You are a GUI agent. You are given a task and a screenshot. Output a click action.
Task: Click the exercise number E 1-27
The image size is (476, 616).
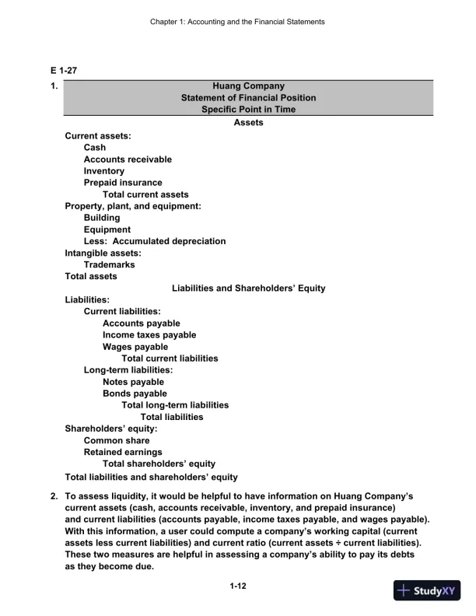pos(64,71)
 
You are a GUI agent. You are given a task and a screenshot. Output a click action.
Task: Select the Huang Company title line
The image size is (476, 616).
pos(248,86)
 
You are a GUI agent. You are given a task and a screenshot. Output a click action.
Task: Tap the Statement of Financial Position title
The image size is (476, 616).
pos(248,98)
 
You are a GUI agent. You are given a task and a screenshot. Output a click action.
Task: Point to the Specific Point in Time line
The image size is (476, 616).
pos(248,110)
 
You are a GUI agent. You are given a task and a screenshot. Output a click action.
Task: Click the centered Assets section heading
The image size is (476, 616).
pos(248,123)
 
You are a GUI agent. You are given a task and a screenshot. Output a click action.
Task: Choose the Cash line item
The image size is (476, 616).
pos(95,148)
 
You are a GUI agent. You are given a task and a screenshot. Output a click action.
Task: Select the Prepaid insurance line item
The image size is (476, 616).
pos(123,183)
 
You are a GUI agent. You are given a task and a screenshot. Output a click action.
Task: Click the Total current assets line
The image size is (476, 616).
pos(145,194)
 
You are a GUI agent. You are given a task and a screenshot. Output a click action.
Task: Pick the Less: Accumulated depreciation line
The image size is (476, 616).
pos(155,241)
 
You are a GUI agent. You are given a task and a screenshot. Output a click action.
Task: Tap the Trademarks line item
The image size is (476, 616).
pos(109,264)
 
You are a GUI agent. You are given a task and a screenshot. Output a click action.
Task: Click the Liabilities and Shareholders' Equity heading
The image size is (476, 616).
pos(248,289)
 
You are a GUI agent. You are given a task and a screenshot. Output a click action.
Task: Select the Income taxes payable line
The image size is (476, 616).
pos(149,335)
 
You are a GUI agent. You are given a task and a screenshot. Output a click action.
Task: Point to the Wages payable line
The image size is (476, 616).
pos(135,347)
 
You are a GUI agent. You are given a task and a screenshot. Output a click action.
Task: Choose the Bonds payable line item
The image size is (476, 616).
pos(135,394)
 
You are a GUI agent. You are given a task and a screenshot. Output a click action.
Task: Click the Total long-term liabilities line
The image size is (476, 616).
pos(175,405)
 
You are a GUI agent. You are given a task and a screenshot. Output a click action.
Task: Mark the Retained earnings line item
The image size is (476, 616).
pos(123,452)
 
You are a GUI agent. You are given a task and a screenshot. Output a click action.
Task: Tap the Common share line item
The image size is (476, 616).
pos(117,440)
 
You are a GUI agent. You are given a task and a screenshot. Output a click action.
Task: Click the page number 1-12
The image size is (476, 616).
pos(239,587)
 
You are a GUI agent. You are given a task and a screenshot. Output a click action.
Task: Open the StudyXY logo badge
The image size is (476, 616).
pos(427,590)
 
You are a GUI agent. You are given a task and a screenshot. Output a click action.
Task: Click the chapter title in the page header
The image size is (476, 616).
pos(237,22)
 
